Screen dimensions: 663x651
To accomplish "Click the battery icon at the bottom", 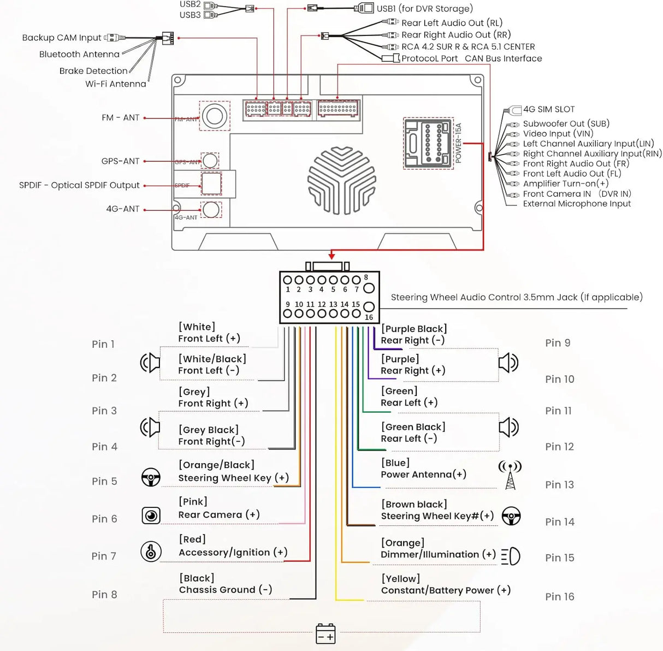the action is tap(325, 634).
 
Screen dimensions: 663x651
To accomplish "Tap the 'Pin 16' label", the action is tap(559, 596).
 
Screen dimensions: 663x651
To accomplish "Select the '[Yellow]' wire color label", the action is tap(400, 579).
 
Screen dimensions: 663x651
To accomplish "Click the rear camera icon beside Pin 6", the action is tap(151, 516).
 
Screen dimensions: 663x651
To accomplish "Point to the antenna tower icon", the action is tap(510, 475).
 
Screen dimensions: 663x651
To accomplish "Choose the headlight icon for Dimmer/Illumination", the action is tap(511, 557).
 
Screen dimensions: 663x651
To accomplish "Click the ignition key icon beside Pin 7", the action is tap(151, 551).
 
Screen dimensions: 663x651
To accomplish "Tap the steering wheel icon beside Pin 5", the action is tap(151, 477).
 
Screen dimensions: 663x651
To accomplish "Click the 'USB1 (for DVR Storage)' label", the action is tap(424, 8).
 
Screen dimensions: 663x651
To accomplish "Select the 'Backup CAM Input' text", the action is tap(62, 38).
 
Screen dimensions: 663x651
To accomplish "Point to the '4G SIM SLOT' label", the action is tap(549, 109).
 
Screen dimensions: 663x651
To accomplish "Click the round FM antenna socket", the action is tap(214, 116).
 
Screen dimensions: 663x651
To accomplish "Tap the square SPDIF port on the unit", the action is tap(211, 184).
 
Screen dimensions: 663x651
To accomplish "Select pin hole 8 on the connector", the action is tap(369, 288).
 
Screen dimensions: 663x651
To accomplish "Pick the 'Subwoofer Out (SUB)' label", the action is tap(566, 123).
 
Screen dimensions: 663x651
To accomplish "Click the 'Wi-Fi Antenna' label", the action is tap(116, 84).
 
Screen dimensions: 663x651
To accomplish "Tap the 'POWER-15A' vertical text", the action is tap(458, 143).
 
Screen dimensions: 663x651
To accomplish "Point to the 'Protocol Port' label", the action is tap(429, 58).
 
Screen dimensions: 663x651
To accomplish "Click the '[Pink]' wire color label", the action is tap(193, 502).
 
